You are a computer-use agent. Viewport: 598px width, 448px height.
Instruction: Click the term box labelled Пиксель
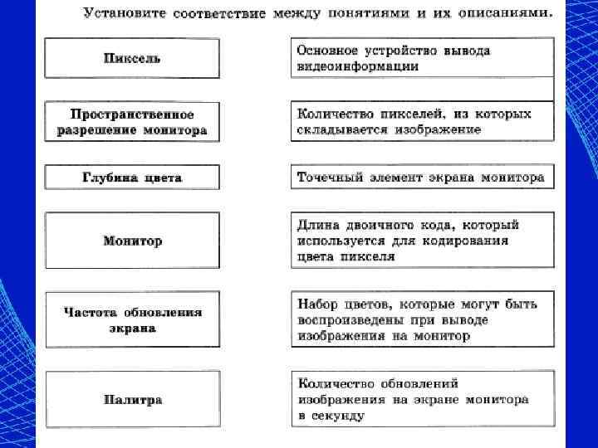point(132,58)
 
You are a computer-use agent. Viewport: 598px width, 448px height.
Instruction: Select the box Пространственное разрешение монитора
point(132,122)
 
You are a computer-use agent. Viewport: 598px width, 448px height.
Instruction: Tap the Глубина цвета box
point(132,178)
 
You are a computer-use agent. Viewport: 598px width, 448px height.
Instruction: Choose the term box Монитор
point(132,241)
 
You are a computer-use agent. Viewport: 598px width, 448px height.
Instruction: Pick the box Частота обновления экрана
point(132,319)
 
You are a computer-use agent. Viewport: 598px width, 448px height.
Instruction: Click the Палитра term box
point(132,400)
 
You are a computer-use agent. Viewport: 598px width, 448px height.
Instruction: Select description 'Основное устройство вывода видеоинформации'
point(422,58)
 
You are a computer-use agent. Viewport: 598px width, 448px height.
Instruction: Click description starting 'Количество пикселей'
point(422,122)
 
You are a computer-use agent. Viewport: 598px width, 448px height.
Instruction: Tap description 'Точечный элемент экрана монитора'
point(422,178)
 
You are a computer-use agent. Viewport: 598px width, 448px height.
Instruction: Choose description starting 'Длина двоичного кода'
point(422,241)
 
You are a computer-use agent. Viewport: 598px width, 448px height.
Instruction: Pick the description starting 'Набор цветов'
point(422,319)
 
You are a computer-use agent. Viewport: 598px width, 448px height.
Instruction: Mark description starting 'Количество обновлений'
point(422,400)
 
